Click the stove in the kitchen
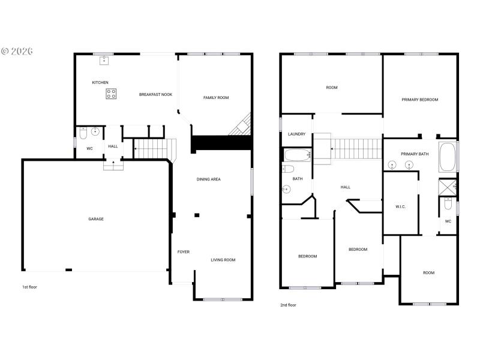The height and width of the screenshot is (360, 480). (x=112, y=94)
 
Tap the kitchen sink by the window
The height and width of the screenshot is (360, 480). (x=104, y=59)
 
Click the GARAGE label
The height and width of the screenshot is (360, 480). (x=96, y=219)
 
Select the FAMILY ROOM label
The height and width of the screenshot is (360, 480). (x=216, y=98)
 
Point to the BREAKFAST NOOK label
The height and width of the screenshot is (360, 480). (x=156, y=95)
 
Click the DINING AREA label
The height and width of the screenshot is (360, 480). (x=209, y=179)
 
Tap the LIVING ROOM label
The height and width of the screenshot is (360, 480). (x=223, y=260)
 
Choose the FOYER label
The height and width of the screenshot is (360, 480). (x=184, y=252)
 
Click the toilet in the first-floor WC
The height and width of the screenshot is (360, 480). (x=83, y=132)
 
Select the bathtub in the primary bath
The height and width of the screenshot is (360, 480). (x=448, y=157)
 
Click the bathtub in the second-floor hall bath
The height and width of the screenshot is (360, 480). (x=298, y=156)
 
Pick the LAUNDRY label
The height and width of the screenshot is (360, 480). (x=297, y=134)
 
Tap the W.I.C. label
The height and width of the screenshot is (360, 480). (x=401, y=207)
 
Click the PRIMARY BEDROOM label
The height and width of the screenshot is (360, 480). (x=420, y=100)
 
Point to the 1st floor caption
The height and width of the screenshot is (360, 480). (x=29, y=287)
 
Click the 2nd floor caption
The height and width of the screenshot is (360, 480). (x=288, y=305)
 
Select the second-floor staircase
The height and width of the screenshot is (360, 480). (x=358, y=147)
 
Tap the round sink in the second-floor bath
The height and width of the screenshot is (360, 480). (x=286, y=190)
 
